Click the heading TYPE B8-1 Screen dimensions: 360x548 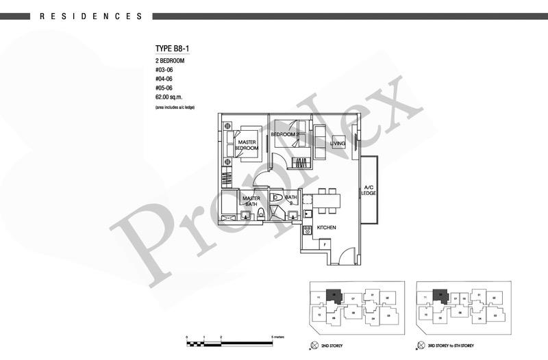click(175, 49)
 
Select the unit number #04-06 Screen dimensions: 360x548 click(165, 79)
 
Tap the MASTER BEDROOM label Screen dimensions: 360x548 click(247, 144)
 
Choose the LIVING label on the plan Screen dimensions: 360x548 click(337, 143)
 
